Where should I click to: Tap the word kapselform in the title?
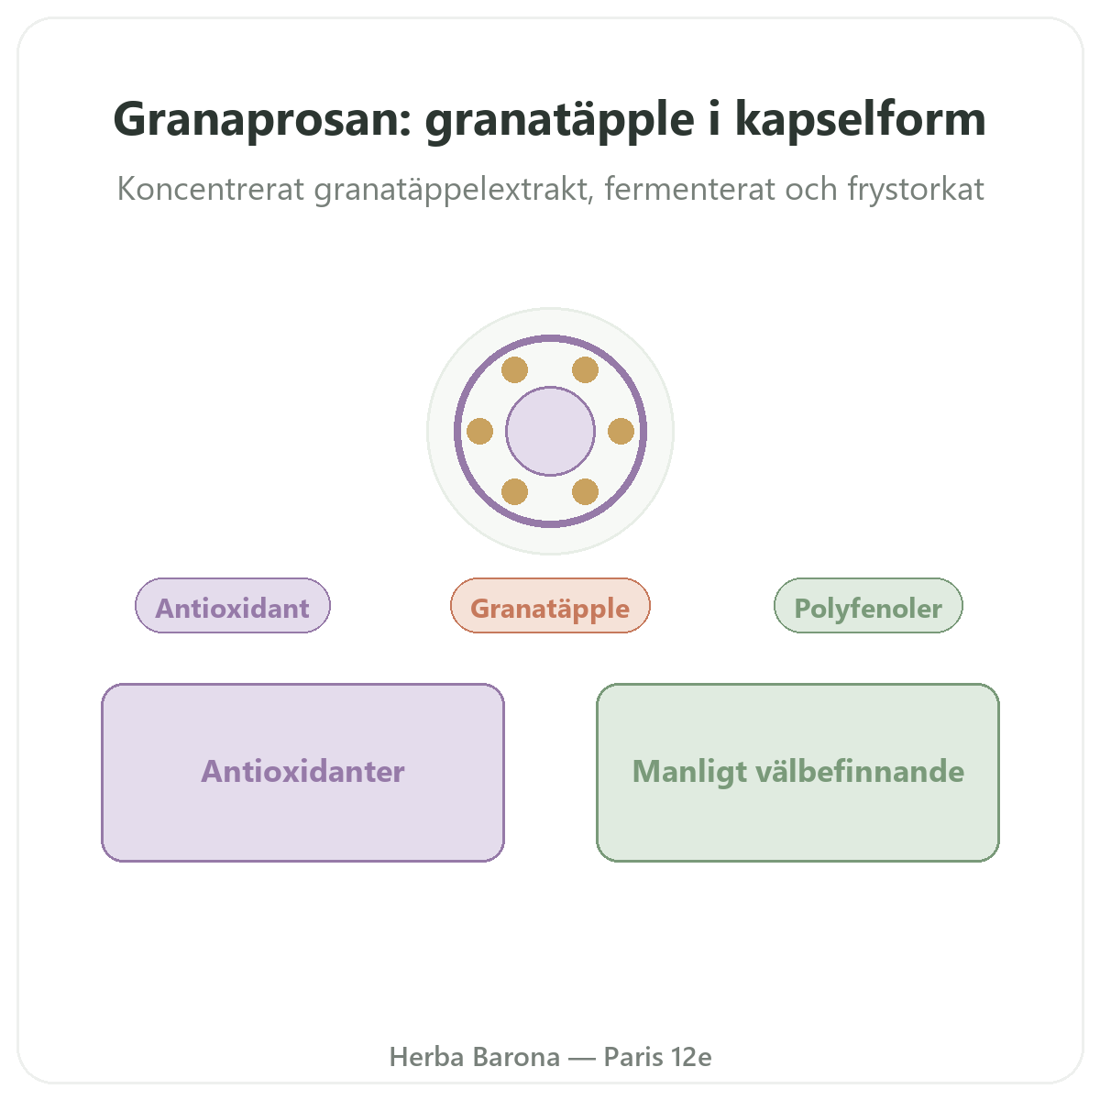click(x=860, y=119)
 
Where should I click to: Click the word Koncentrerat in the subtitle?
click(x=211, y=189)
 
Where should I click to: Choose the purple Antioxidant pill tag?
click(x=232, y=605)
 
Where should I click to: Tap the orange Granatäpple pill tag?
click(x=550, y=605)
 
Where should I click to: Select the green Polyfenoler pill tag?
click(x=868, y=605)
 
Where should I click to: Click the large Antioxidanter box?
click(x=302, y=773)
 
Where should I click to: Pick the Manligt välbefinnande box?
click(x=797, y=773)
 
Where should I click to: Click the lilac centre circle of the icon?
click(x=550, y=431)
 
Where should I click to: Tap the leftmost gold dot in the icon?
click(x=479, y=431)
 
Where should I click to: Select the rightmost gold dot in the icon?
click(x=621, y=431)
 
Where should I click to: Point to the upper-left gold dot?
click(x=514, y=370)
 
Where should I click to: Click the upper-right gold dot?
click(x=585, y=370)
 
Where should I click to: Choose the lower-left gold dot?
click(x=514, y=491)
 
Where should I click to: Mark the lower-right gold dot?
click(x=585, y=491)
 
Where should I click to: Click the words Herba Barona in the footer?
click(x=474, y=1057)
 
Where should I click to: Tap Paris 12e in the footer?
click(x=657, y=1057)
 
